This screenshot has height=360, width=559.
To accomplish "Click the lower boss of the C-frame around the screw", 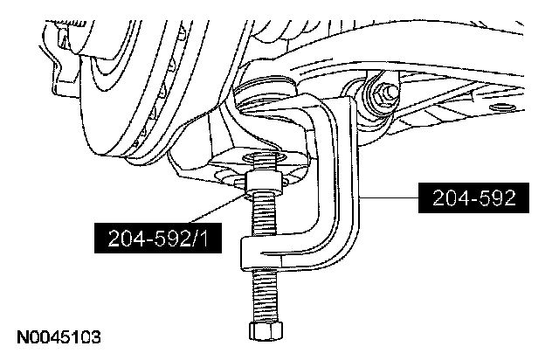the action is [x=262, y=255].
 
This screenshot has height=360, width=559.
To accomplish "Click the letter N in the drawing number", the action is [x=20, y=335].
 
